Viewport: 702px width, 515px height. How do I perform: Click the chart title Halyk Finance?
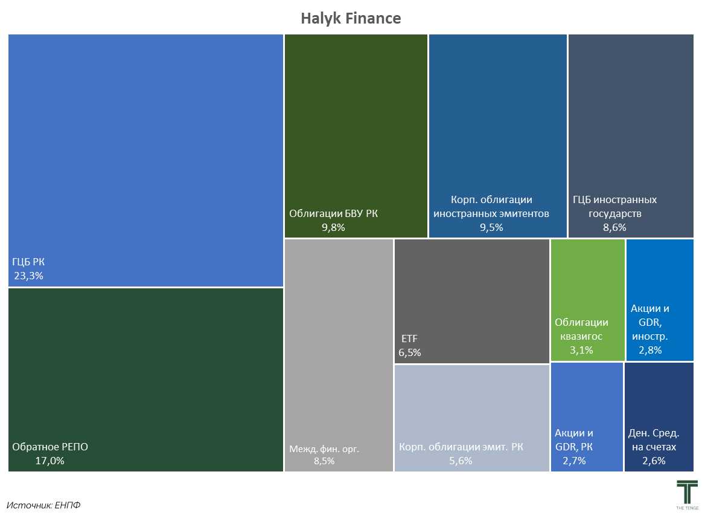(351, 18)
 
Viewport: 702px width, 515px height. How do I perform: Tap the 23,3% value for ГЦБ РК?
(29, 276)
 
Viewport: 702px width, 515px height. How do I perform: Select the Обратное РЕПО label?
(50, 447)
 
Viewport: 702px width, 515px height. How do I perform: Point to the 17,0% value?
(49, 461)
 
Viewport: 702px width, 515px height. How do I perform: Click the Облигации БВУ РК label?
(333, 213)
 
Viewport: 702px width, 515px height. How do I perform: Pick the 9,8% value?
(333, 227)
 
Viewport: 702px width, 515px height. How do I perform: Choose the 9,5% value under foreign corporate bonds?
(491, 227)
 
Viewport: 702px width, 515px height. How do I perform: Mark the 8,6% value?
(614, 227)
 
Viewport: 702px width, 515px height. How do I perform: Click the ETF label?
(409, 338)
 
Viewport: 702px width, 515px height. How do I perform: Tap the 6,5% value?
(409, 352)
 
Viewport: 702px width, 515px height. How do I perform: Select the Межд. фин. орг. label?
(324, 449)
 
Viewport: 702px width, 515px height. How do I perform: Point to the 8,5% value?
(324, 461)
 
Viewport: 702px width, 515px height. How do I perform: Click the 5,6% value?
(461, 461)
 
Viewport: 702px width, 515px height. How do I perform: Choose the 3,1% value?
(581, 350)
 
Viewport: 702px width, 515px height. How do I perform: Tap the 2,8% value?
(650, 350)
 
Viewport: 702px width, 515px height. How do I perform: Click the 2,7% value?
(574, 461)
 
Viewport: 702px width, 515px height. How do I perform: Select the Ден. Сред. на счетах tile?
(659, 416)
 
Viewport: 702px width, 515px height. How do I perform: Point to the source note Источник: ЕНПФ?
(43, 505)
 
